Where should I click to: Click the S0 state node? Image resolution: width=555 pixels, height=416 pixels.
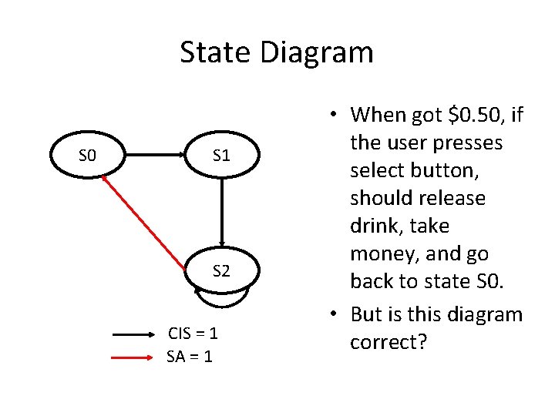(x=87, y=156)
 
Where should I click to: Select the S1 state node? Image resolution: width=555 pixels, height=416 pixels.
(x=221, y=156)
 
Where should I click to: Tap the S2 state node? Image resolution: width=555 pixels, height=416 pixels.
(x=221, y=271)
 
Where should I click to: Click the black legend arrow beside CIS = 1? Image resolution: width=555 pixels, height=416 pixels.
(x=134, y=335)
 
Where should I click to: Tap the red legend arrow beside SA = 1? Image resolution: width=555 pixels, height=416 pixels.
(x=134, y=357)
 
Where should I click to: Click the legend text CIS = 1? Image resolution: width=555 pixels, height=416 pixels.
(x=192, y=334)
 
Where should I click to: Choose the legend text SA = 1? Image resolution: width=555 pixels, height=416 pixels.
(x=190, y=357)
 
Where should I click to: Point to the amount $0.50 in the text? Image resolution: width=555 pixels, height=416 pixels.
(x=477, y=116)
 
